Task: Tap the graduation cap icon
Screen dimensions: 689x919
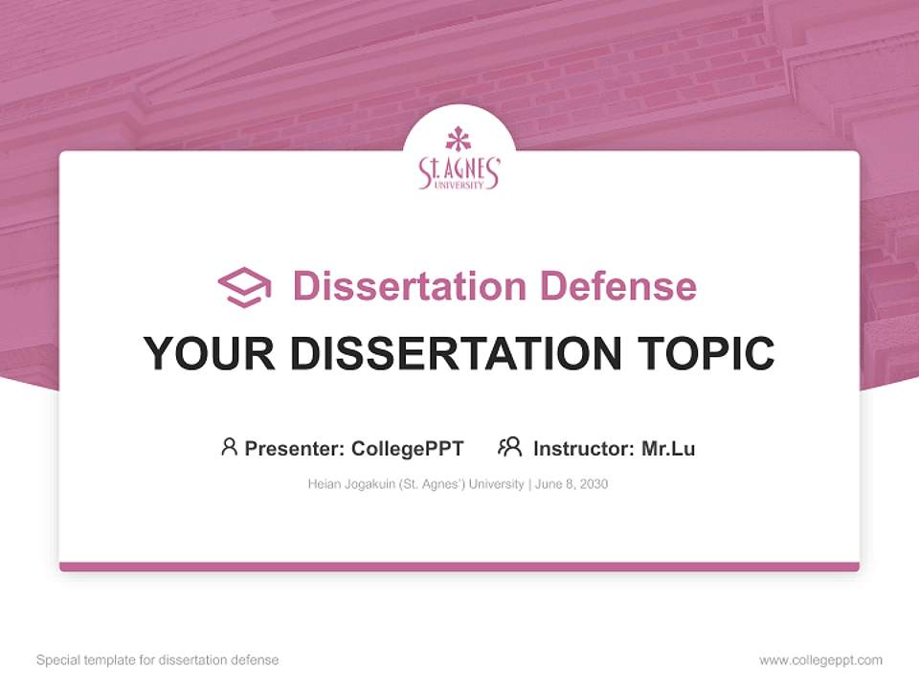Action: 244,286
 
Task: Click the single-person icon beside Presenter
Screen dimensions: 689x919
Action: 229,447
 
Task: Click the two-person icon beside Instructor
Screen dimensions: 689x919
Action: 509,447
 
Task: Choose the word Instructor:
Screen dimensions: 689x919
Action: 583,448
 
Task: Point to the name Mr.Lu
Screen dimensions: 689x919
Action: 668,448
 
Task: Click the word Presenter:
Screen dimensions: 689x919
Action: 294,448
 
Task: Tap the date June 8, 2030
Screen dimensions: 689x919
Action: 572,484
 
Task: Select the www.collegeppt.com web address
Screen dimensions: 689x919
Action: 820,660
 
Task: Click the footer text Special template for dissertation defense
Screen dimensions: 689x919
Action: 157,660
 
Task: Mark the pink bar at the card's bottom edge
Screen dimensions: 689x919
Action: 459,567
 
